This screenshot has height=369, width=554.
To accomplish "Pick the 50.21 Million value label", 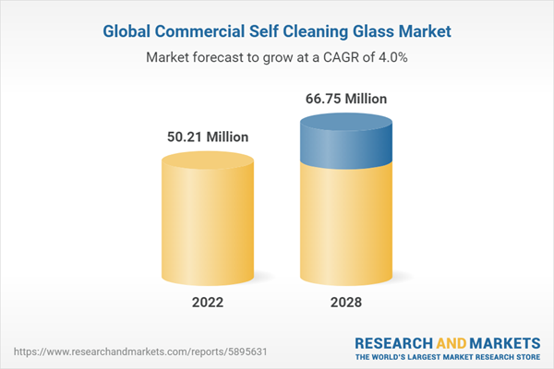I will tap(207, 137).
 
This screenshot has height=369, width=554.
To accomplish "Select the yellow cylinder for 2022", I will tap(207, 221).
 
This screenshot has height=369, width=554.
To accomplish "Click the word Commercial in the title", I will tap(205, 30).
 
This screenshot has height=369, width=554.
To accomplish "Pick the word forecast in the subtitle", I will tap(222, 57).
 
